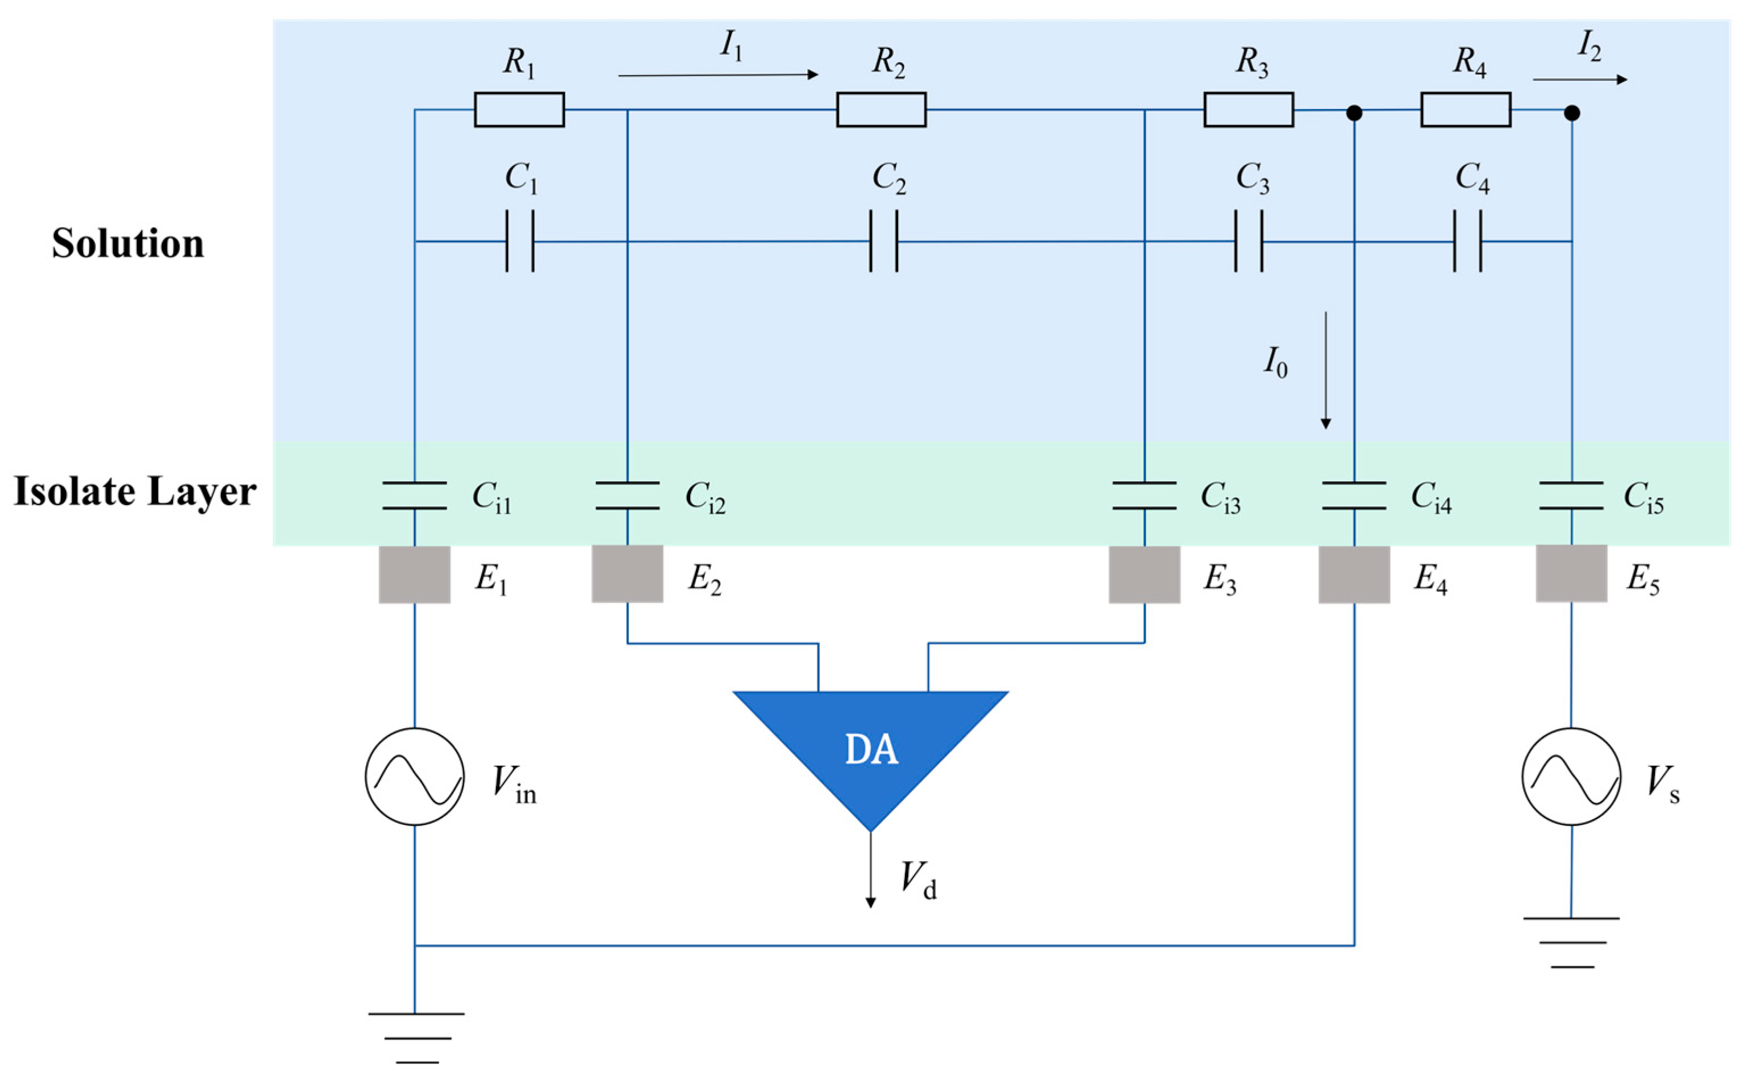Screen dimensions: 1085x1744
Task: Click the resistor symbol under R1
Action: tap(519, 110)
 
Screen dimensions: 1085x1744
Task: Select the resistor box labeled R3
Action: tap(1247, 110)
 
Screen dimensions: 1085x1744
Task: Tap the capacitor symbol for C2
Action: tap(883, 241)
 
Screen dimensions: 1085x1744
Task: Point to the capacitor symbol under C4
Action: tap(1467, 241)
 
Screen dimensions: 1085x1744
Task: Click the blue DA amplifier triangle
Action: tap(870, 746)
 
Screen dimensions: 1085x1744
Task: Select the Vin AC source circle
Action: tap(414, 777)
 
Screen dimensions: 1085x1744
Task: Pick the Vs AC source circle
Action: tap(1571, 777)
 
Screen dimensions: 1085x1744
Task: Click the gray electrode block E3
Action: tap(1144, 574)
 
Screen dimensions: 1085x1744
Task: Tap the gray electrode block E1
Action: tap(414, 574)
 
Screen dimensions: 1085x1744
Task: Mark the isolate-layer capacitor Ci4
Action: tap(1354, 495)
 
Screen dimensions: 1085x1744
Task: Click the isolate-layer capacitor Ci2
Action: tap(627, 495)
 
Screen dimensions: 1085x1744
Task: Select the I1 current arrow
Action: tap(717, 74)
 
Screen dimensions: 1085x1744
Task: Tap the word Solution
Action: tap(128, 243)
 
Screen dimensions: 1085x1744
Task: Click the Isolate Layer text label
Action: tap(135, 491)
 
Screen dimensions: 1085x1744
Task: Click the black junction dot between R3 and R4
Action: tap(1354, 112)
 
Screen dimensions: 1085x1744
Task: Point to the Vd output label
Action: tap(918, 879)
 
